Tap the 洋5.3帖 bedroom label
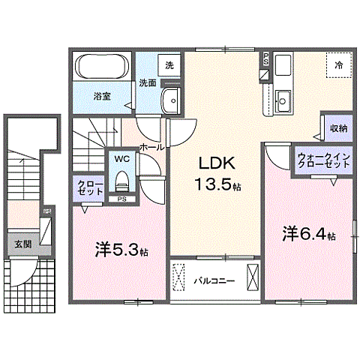pyautogui.click(x=121, y=250)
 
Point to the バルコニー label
pyautogui.click(x=215, y=282)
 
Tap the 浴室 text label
pyautogui.click(x=102, y=96)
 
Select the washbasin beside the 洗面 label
pyautogui.click(x=173, y=98)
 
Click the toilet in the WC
pyautogui.click(x=121, y=180)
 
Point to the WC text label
pyautogui.click(x=121, y=159)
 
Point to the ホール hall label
pyautogui.click(x=151, y=147)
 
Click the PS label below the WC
pyautogui.click(x=121, y=199)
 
